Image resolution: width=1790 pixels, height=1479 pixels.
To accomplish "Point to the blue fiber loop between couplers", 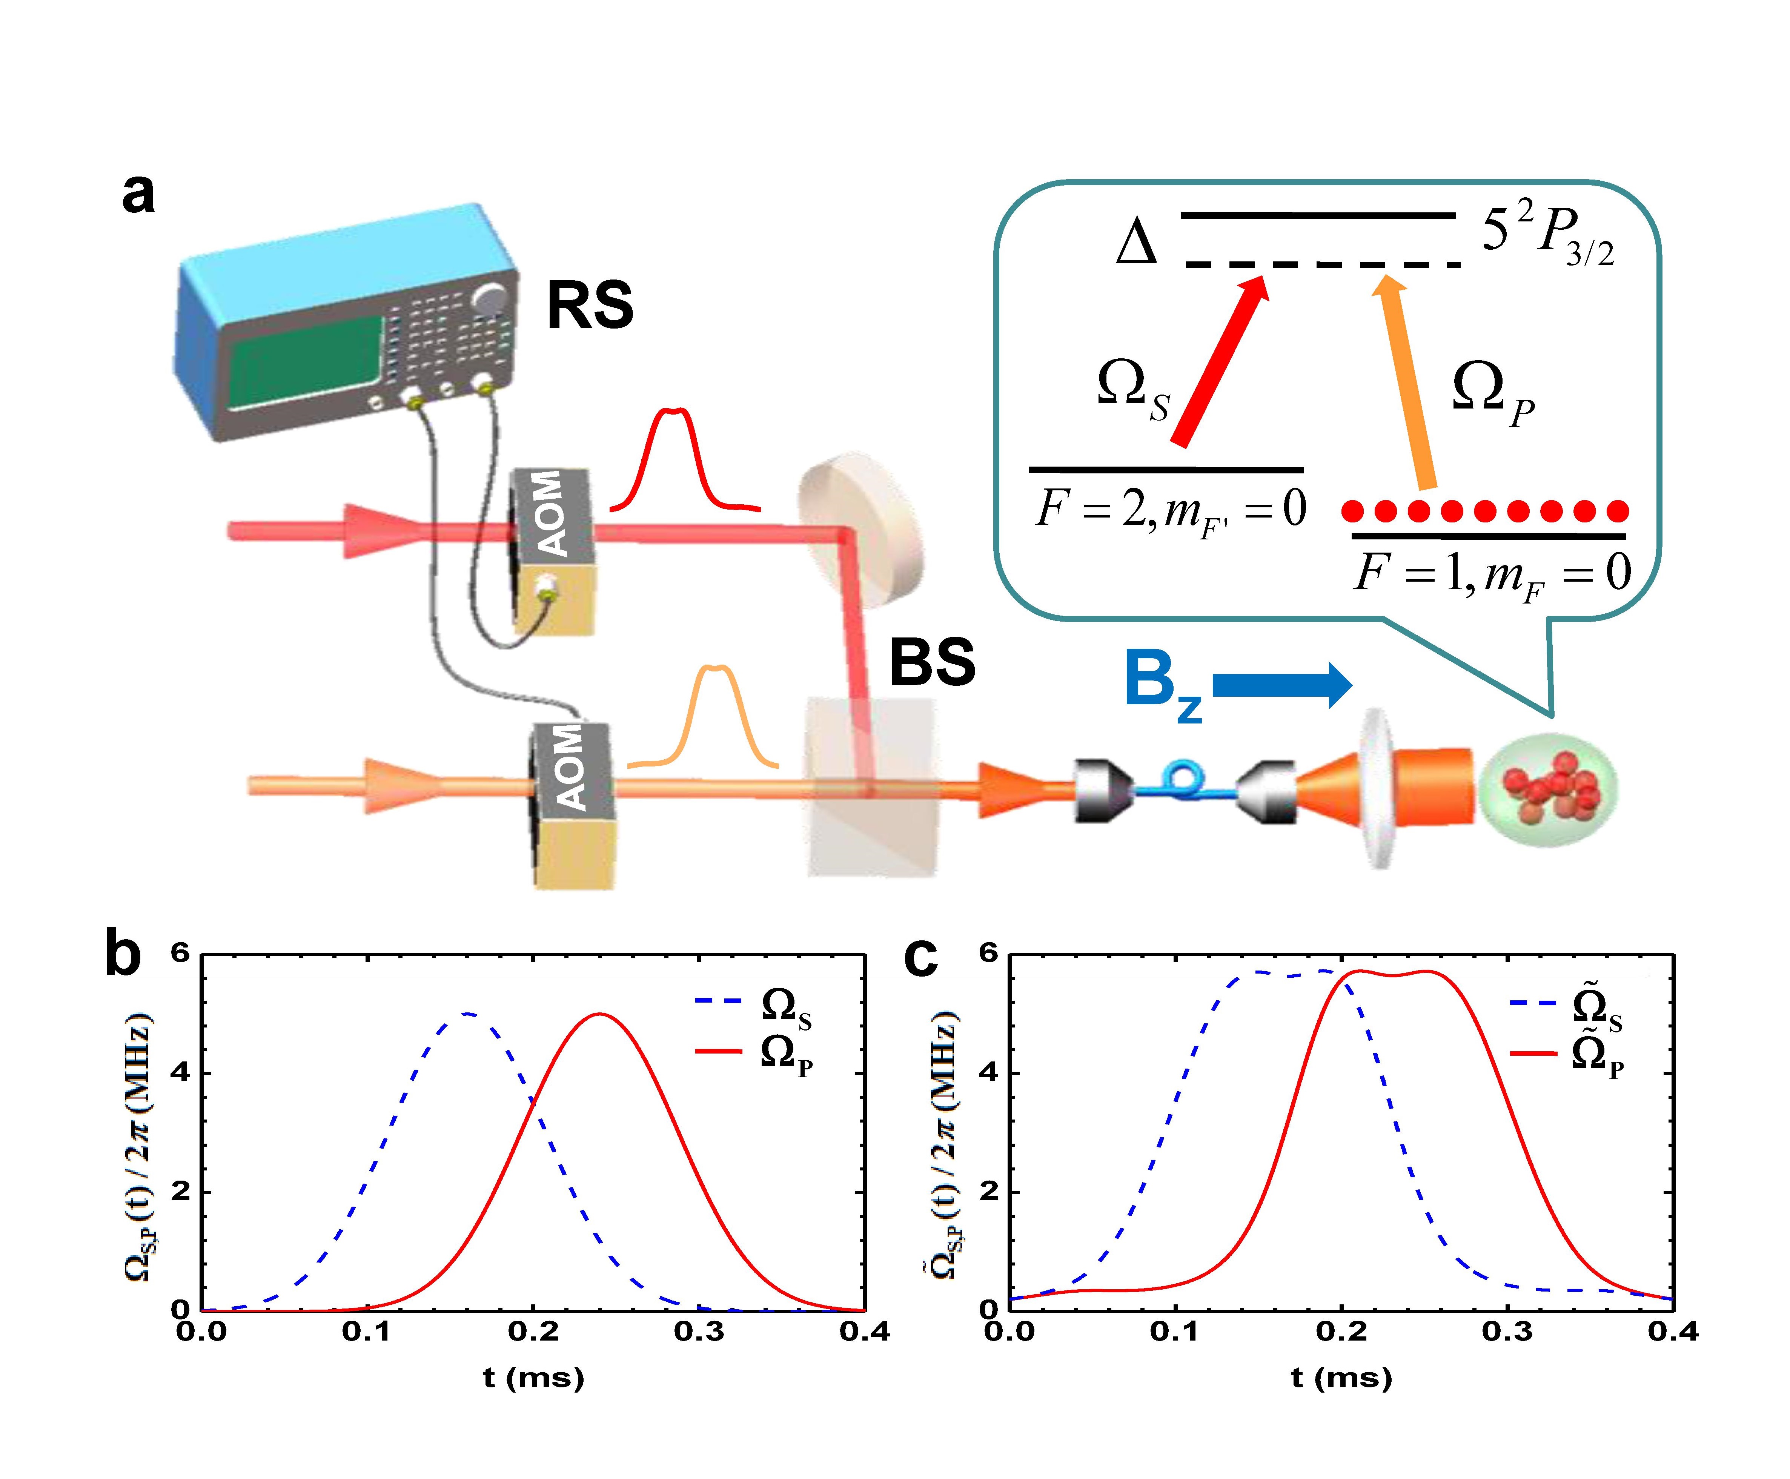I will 1184,780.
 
